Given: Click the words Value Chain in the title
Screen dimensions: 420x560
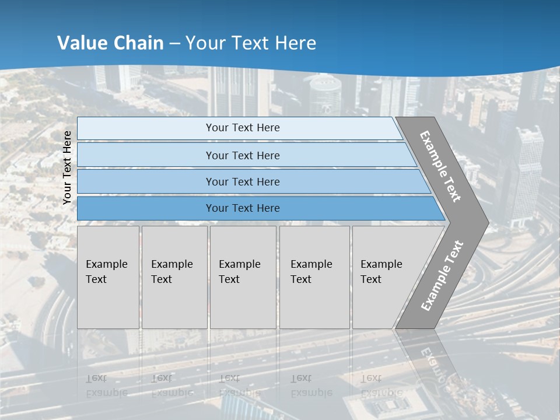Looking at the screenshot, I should [x=110, y=43].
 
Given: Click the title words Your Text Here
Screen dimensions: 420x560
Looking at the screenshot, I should [x=251, y=43].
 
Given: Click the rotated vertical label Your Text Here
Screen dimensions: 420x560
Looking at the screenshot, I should [x=67, y=167].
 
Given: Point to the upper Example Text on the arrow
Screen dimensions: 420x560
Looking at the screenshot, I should [x=440, y=166].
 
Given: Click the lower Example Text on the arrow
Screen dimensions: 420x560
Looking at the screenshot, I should [x=442, y=275].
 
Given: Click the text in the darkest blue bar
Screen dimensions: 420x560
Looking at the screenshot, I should [x=243, y=208].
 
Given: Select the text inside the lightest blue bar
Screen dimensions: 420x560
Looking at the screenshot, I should [x=243, y=128].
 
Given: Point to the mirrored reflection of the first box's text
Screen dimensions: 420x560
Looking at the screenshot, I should [x=107, y=386].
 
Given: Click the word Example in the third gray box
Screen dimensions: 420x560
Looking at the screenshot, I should [x=239, y=264].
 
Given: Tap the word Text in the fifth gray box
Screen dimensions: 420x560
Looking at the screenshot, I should [x=371, y=279].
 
